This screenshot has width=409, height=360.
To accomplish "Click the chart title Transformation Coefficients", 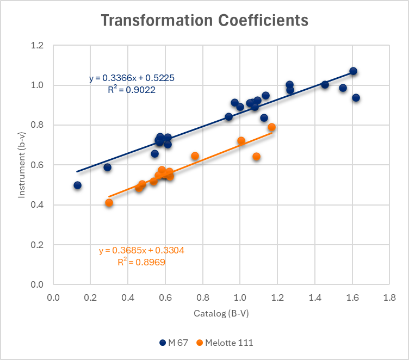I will [x=205, y=21].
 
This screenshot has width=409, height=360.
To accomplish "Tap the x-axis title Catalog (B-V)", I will [x=221, y=314].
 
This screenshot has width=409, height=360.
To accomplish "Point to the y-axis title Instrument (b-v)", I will [x=22, y=165].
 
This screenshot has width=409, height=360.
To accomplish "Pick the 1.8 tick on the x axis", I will [x=389, y=298].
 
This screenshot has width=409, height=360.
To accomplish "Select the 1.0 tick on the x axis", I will [x=240, y=298].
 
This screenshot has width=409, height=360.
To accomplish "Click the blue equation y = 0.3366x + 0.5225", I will [x=132, y=78].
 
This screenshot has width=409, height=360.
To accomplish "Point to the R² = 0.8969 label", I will [x=141, y=262].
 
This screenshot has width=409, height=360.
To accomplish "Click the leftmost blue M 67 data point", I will [x=78, y=185].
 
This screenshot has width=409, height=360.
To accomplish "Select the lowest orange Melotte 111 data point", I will [x=109, y=203].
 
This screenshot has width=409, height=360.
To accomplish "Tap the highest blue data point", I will [x=353, y=71].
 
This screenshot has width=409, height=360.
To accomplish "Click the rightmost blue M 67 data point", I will [x=356, y=98].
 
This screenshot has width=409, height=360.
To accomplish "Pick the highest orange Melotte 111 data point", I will [x=271, y=127].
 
